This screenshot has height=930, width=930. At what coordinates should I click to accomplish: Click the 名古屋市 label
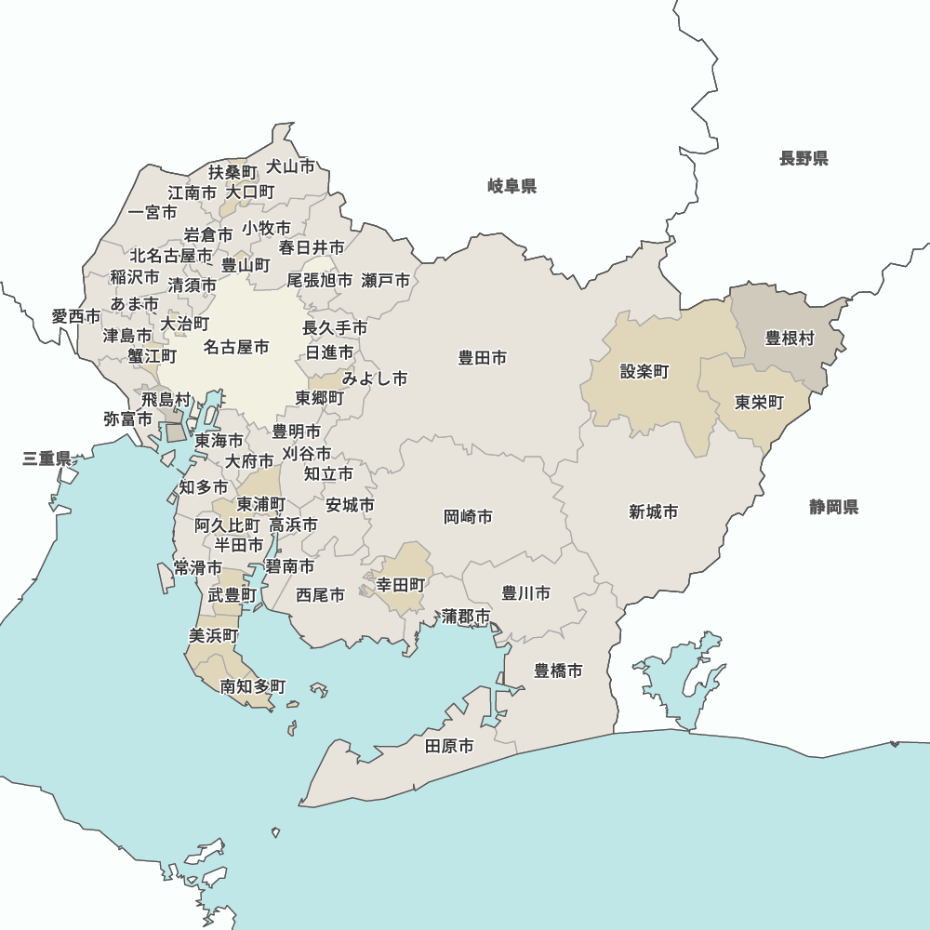(x=236, y=347)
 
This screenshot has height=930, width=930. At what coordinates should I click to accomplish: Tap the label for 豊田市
(x=483, y=357)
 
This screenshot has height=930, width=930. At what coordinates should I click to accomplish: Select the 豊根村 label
(x=790, y=338)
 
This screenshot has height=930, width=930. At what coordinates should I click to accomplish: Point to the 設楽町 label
(x=644, y=371)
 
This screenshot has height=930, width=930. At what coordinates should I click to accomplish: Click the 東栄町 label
(x=759, y=403)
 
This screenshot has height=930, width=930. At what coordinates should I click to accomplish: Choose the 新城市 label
(x=653, y=511)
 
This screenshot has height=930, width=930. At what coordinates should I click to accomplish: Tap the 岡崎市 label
(x=468, y=516)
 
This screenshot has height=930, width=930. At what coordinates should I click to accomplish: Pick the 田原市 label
(x=449, y=746)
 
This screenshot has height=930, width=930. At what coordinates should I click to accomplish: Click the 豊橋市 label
(x=558, y=671)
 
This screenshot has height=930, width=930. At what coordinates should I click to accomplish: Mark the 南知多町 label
(x=253, y=686)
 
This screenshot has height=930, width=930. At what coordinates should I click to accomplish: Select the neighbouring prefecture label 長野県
(x=804, y=158)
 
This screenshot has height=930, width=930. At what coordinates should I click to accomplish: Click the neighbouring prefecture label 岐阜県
(x=511, y=187)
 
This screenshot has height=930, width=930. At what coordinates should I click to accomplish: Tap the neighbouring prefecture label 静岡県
(x=833, y=507)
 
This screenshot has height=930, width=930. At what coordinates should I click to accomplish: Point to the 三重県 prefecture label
(x=47, y=458)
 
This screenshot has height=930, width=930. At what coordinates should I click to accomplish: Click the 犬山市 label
(x=290, y=166)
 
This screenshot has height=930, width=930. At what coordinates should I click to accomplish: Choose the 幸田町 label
(x=401, y=585)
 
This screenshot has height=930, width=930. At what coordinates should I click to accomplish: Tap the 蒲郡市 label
(x=466, y=616)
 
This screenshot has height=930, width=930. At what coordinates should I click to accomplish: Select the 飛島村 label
(x=166, y=399)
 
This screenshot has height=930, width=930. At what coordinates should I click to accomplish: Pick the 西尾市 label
(x=321, y=594)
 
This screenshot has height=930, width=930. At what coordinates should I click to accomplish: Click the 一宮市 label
(x=153, y=212)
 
